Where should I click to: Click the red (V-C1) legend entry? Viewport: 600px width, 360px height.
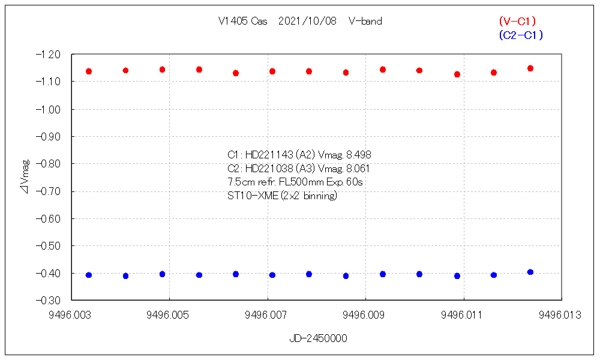[517, 22]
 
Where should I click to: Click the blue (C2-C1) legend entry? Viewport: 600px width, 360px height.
[520, 35]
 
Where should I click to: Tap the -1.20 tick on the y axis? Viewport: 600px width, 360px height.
[49, 55]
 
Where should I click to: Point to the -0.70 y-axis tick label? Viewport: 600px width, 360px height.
[49, 191]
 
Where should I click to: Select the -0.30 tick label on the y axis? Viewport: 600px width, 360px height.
[49, 300]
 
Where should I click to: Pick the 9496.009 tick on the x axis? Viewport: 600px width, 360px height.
[365, 313]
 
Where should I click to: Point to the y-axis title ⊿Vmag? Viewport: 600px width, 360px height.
[25, 176]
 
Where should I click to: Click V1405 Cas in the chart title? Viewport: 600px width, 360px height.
[242, 21]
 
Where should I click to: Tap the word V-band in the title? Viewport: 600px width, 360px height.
[365, 21]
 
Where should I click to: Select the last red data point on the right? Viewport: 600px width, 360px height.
[530, 68]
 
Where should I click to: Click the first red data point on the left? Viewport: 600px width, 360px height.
[89, 71]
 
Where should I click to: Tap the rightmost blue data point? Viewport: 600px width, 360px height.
[530, 272]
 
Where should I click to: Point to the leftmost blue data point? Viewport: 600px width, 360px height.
[89, 275]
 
